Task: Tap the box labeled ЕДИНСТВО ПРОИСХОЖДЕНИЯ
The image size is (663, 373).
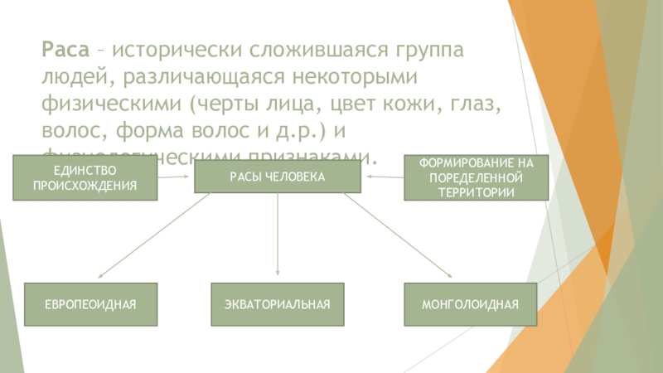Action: click(x=85, y=178)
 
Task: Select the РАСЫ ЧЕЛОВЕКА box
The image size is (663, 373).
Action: click(x=278, y=177)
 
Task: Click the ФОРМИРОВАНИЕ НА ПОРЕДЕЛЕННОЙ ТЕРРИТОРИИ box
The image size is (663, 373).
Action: click(x=476, y=177)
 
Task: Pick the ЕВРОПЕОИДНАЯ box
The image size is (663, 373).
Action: click(x=90, y=305)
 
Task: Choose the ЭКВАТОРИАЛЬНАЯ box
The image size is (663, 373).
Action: click(x=278, y=305)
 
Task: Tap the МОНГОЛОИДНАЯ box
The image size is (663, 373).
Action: click(x=470, y=305)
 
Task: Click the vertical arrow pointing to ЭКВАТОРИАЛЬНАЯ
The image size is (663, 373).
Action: click(x=278, y=236)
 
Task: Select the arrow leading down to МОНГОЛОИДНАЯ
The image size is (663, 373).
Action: click(x=398, y=236)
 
